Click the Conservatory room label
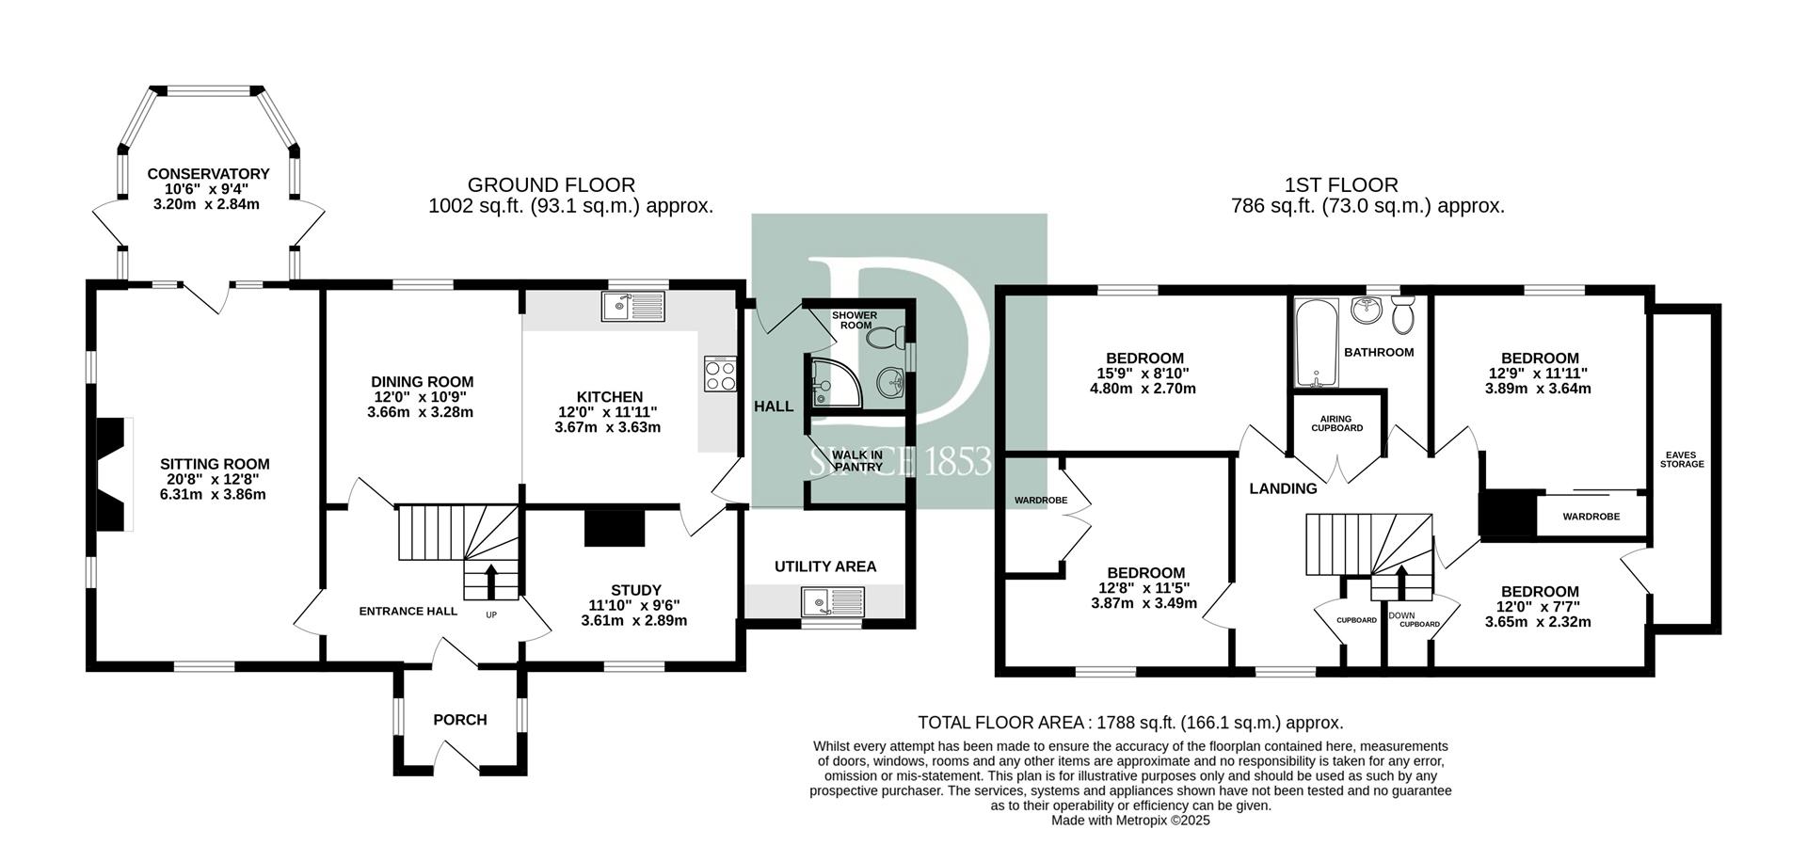tap(208, 174)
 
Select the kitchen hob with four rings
tap(720, 375)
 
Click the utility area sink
tap(833, 600)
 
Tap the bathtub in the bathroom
tap(1315, 343)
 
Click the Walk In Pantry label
tap(857, 460)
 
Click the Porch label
tap(460, 720)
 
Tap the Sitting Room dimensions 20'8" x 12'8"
tap(215, 479)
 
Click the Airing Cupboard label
tap(1336, 423)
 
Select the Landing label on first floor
tap(1283, 488)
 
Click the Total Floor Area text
tap(1129, 723)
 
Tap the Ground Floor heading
tap(552, 185)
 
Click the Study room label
tap(636, 590)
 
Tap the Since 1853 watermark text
tap(901, 462)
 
